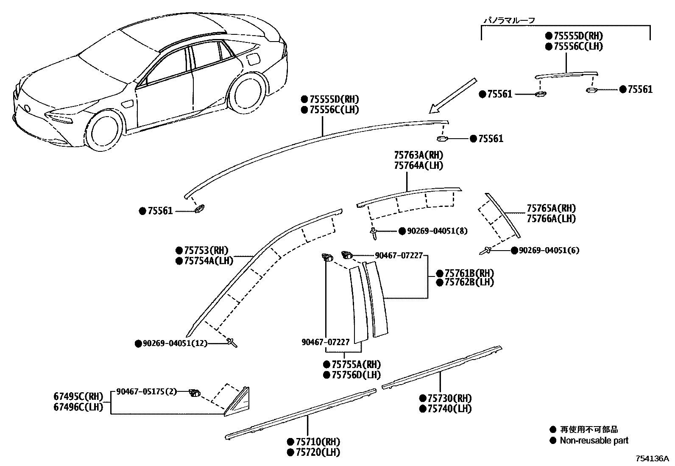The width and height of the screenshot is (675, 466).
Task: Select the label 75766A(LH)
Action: pyautogui.click(x=551, y=219)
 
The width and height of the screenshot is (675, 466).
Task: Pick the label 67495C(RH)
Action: pyautogui.click(x=78, y=397)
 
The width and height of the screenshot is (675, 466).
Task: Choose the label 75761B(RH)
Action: pyautogui.click(x=469, y=273)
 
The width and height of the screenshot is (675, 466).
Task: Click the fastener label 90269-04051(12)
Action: pyautogui.click(x=175, y=343)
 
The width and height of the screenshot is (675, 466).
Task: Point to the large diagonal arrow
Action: pyautogui.click(x=452, y=95)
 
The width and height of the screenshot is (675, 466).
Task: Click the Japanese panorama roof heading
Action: pyautogui.click(x=509, y=20)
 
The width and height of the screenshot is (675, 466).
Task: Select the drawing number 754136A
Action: pyautogui.click(x=651, y=458)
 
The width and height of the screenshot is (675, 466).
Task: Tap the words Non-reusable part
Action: pyautogui.click(x=594, y=441)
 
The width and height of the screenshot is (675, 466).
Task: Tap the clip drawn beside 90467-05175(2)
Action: pyautogui.click(x=195, y=393)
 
